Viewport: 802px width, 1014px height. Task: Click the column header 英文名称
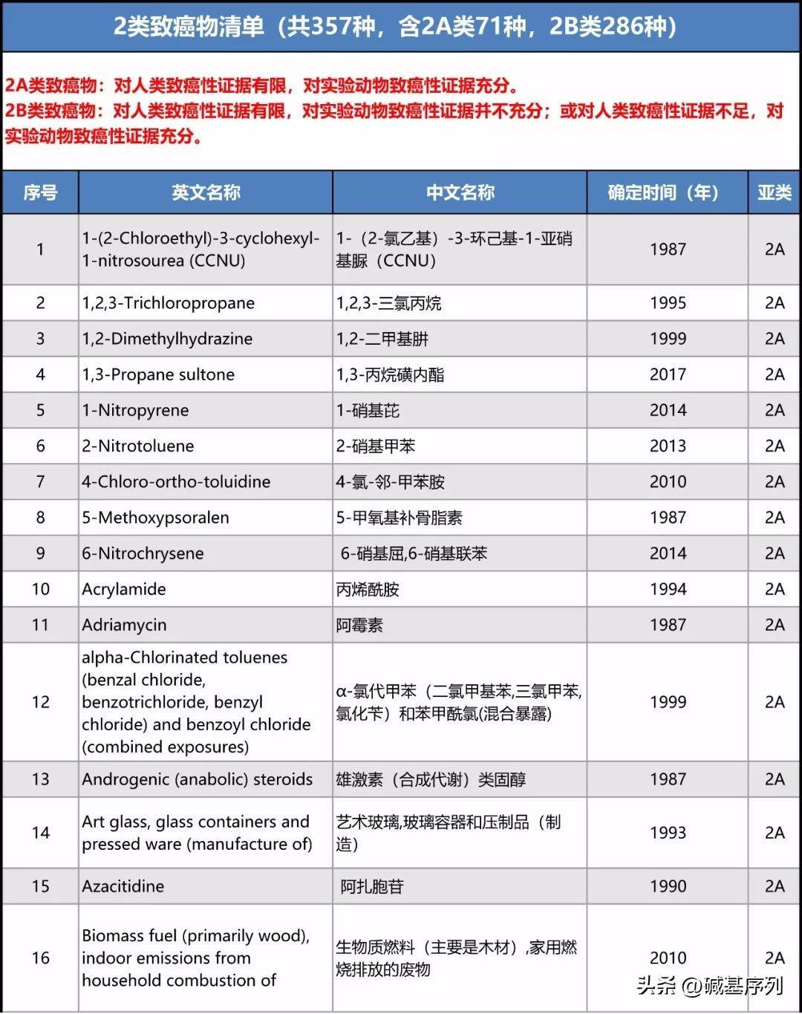[x=206, y=193]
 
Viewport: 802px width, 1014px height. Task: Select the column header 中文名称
[x=460, y=193]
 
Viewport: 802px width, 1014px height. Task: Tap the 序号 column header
[x=40, y=193]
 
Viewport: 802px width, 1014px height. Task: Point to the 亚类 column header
[x=774, y=193]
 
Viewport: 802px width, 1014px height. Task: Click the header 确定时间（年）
[x=667, y=193]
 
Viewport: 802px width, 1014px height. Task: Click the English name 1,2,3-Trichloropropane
[x=169, y=303]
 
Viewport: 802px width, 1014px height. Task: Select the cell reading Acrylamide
[x=124, y=589]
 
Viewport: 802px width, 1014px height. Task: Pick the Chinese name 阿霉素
[x=359, y=625]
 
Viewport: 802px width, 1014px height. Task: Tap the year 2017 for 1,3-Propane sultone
[x=668, y=374]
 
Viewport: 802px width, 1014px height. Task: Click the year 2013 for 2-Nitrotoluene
[x=668, y=446]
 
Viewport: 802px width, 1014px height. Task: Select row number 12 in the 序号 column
[x=40, y=702]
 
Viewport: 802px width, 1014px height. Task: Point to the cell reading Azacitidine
[x=123, y=886]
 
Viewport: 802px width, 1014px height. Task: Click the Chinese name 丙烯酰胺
[x=368, y=589]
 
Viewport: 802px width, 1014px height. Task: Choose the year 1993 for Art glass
[x=668, y=833]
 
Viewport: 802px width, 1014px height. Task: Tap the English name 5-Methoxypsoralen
[x=156, y=518]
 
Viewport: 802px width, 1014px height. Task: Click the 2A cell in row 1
[x=774, y=250]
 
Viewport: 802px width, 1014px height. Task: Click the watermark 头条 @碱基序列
[x=709, y=986]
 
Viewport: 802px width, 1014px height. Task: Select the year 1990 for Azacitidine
[x=668, y=886]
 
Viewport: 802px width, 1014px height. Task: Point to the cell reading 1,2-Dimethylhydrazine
[x=167, y=339]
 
